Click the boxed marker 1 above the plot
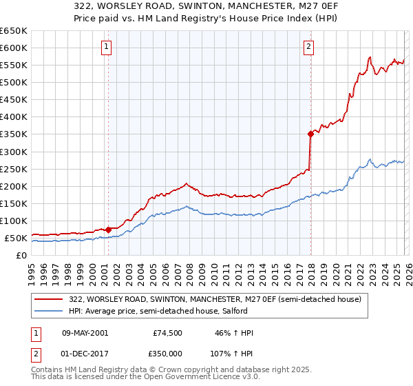107,47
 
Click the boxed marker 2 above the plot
308,47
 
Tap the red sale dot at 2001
109,230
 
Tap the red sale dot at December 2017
310,134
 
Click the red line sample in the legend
50,298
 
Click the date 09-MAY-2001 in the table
87,334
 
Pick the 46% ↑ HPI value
234,334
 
